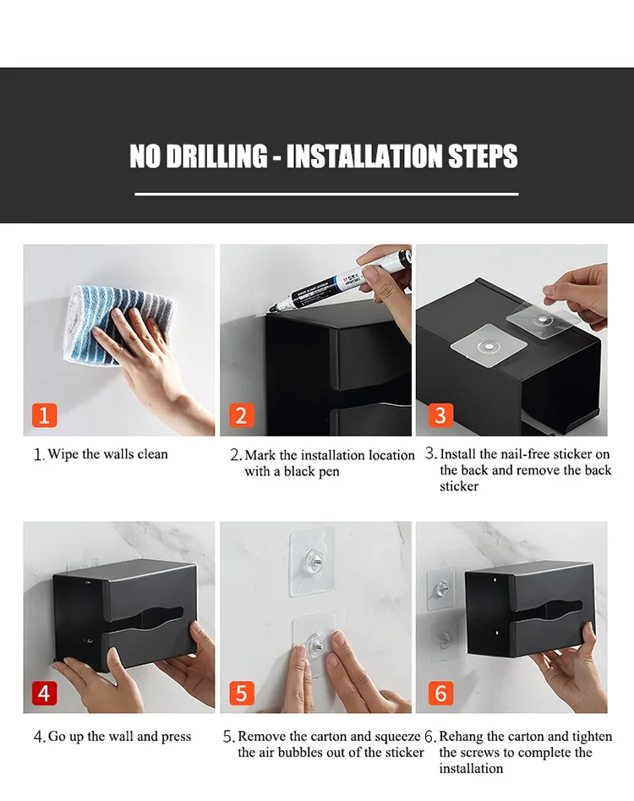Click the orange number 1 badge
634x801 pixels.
click(45, 414)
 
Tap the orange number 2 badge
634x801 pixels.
click(242, 414)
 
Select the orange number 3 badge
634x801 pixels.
click(440, 414)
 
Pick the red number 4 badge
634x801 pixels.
click(45, 694)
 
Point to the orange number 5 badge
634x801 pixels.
click(242, 694)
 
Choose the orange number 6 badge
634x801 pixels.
click(440, 694)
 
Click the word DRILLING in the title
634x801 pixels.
click(216, 156)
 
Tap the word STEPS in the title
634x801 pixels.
click(483, 156)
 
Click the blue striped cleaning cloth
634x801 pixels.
click(118, 326)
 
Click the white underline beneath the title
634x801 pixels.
click(326, 195)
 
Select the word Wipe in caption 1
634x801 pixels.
click(63, 453)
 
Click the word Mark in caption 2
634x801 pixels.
click(260, 455)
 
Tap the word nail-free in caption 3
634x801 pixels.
click(524, 453)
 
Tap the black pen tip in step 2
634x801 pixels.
click(271, 309)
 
